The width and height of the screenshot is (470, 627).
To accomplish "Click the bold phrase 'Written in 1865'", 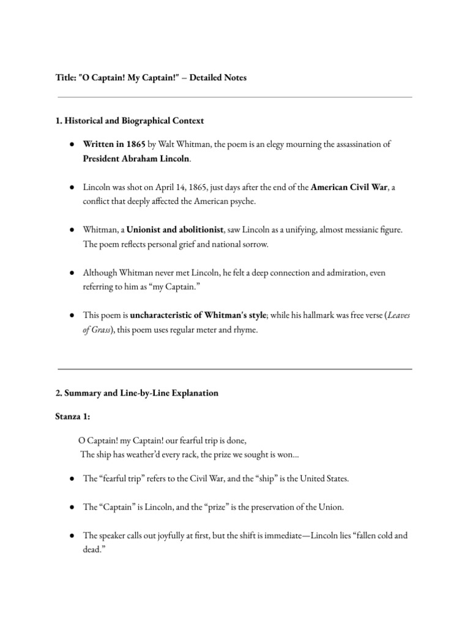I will pyautogui.click(x=114, y=145).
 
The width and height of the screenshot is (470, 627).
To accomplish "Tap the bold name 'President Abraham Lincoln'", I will pyautogui.click(x=136, y=159).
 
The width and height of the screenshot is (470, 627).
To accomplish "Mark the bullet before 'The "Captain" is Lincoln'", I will pyautogui.click(x=72, y=507).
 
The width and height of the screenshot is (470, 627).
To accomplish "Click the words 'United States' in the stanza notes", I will pyautogui.click(x=320, y=479).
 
